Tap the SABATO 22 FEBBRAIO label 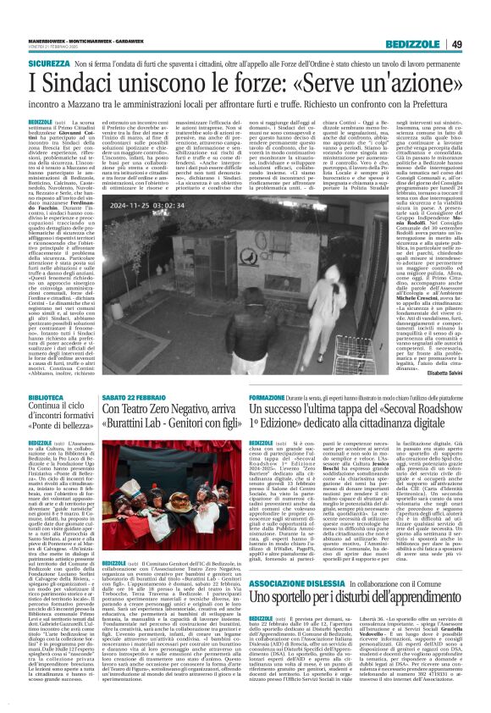tap(136, 395)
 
